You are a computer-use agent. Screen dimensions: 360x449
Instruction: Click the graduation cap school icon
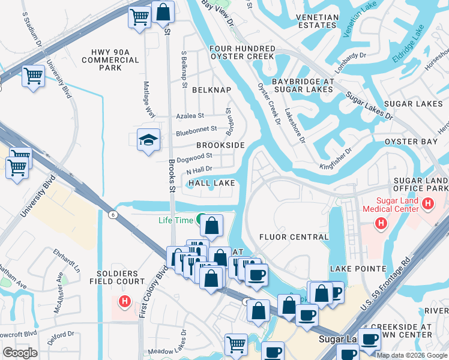(148, 140)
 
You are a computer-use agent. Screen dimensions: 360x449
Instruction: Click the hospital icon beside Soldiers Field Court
(125, 301)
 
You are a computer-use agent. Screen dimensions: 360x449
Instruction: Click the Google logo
(20, 353)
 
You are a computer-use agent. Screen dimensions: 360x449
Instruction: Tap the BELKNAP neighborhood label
(211, 89)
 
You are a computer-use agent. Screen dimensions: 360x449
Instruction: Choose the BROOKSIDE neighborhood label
(220, 146)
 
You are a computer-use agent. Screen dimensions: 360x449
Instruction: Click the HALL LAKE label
(211, 182)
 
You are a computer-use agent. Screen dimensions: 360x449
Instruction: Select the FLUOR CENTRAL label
(294, 237)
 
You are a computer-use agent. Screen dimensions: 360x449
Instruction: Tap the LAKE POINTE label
(358, 268)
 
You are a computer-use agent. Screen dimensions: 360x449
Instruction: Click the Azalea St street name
(190, 116)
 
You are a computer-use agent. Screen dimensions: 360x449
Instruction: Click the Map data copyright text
(412, 355)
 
